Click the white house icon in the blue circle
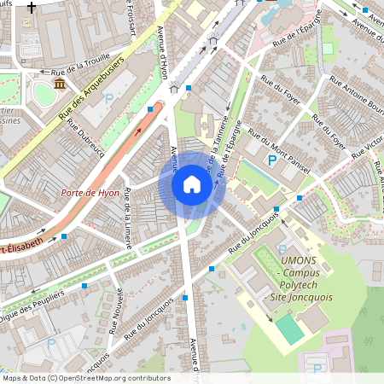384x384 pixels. click(x=192, y=184)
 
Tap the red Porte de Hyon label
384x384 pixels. click(x=90, y=194)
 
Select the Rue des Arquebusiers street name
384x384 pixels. click(x=92, y=88)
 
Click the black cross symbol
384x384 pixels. click(x=32, y=7)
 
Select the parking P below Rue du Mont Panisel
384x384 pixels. click(x=272, y=160)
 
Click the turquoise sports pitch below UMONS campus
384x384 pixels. click(x=289, y=329)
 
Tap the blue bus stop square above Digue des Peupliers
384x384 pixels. click(x=84, y=286)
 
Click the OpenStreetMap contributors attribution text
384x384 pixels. click(x=86, y=378)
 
